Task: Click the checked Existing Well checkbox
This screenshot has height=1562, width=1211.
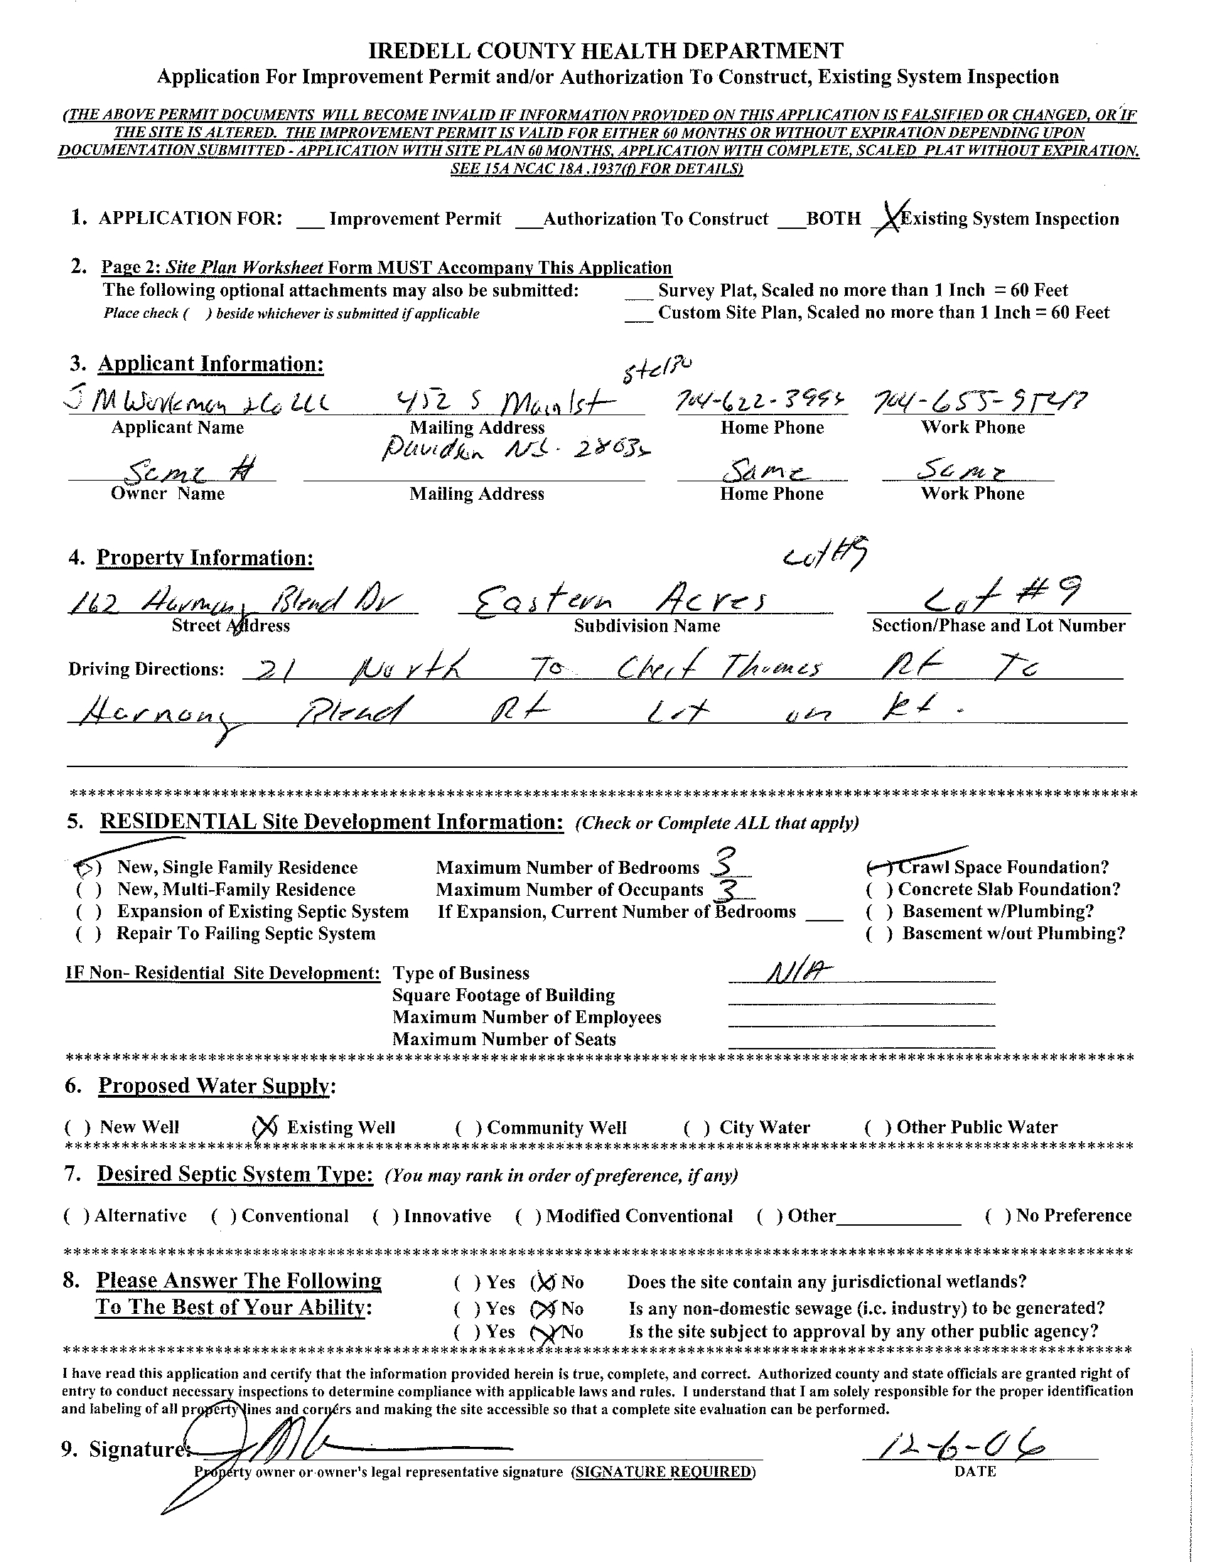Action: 264,1128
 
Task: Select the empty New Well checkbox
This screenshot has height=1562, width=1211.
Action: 77,1128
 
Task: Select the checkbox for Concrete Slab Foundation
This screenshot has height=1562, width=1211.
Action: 878,889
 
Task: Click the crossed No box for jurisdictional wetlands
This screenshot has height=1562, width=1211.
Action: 542,1282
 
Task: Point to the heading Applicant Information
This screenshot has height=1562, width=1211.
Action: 210,364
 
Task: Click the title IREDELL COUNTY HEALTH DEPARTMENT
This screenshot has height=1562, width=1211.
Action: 605,50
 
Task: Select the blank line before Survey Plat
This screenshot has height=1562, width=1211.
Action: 638,294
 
